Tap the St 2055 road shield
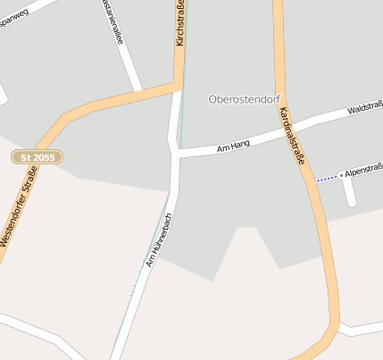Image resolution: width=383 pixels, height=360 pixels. [37, 157]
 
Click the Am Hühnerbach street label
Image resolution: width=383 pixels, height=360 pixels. [158, 242]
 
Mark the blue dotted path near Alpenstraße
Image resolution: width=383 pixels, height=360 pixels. [328, 179]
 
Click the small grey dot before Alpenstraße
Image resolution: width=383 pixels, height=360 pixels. [341, 175]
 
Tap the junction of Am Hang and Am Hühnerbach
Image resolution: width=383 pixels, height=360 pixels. [176, 155]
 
